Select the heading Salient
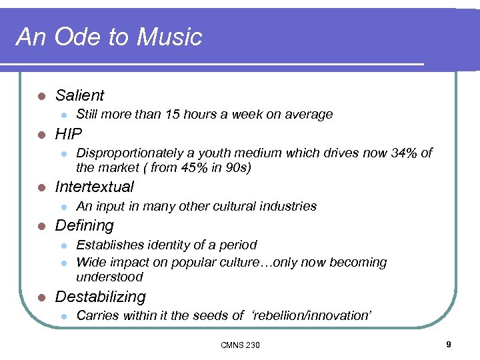tap(80, 95)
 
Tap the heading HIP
tap(69, 134)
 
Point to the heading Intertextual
tap(95, 187)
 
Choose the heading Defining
tap(85, 225)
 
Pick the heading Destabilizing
tap(100, 297)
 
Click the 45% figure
tap(188, 167)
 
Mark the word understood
tap(109, 277)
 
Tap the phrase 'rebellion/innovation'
tap(311, 316)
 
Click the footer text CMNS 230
tap(240, 345)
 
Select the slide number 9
tap(449, 344)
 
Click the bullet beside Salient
tap(42, 96)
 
